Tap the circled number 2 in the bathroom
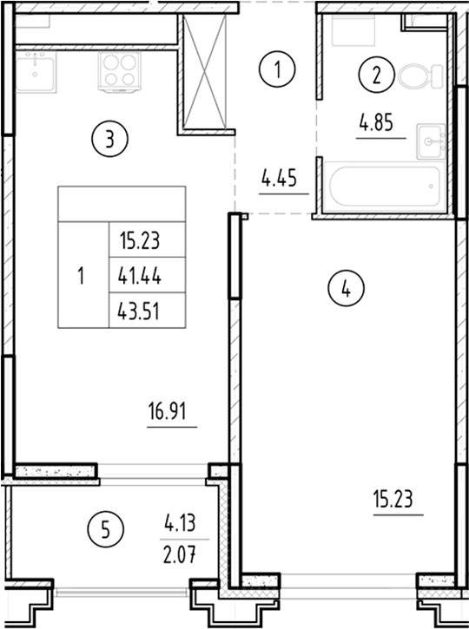[x=377, y=75]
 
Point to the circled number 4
[x=346, y=290]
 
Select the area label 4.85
[x=376, y=122]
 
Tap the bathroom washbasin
[x=431, y=139]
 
